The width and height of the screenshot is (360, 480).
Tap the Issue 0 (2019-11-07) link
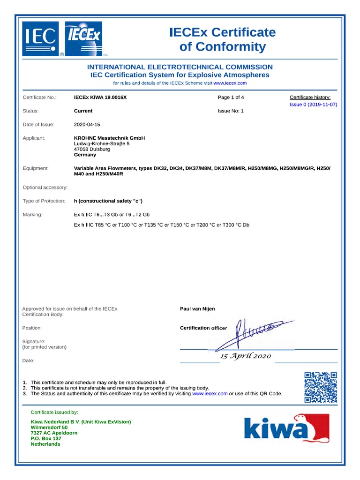(313, 105)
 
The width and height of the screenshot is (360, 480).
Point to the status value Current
(83, 111)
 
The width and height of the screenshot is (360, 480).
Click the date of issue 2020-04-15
(87, 125)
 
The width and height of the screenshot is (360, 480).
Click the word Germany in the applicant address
(85, 155)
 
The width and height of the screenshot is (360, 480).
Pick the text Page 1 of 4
(231, 97)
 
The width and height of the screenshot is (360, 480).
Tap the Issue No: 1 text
(231, 111)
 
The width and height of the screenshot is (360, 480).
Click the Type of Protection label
(44, 201)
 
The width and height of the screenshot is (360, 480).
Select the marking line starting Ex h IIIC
(162, 225)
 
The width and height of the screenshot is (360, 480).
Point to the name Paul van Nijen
(197, 309)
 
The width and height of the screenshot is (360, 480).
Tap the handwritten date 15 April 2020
(246, 356)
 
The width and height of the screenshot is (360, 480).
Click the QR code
(321, 387)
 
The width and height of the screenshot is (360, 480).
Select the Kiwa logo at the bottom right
(286, 428)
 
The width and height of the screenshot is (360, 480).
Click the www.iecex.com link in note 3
(210, 394)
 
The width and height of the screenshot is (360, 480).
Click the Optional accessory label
(45, 187)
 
